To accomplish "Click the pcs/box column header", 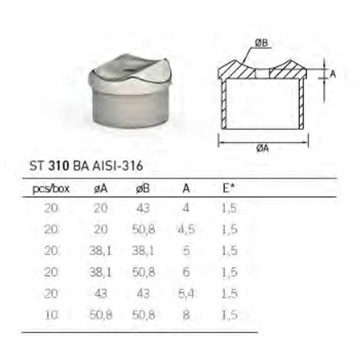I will pos(50,188).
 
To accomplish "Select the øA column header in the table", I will pos(101,188).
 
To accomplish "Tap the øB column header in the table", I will pos(143,188).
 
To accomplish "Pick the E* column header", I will pos(228,188).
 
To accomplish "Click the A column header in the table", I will pos(186,188).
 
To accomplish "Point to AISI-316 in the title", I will pos(120,166).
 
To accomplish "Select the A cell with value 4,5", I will pos(186,229).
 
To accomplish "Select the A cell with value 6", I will pos(186,271).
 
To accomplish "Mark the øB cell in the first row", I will pos(143,209).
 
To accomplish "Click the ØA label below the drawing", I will pos(262,150).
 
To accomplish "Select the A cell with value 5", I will pos(186,250).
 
